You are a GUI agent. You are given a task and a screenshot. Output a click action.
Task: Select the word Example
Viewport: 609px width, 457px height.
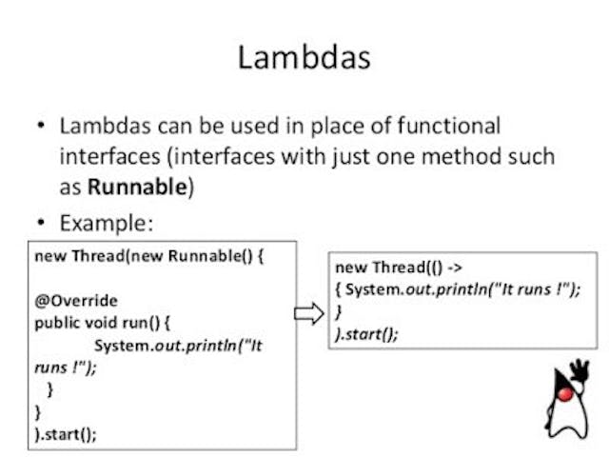click(105, 223)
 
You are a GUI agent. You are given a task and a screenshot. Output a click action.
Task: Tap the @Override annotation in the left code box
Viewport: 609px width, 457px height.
click(75, 301)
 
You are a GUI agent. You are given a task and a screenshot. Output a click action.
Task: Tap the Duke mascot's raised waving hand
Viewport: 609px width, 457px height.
click(580, 369)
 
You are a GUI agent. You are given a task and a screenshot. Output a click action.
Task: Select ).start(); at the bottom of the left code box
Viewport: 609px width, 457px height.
click(66, 433)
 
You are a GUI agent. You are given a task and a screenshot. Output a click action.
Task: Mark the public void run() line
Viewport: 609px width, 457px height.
click(101, 323)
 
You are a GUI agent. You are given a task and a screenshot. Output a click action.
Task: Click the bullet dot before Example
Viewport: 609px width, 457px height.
click(41, 224)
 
